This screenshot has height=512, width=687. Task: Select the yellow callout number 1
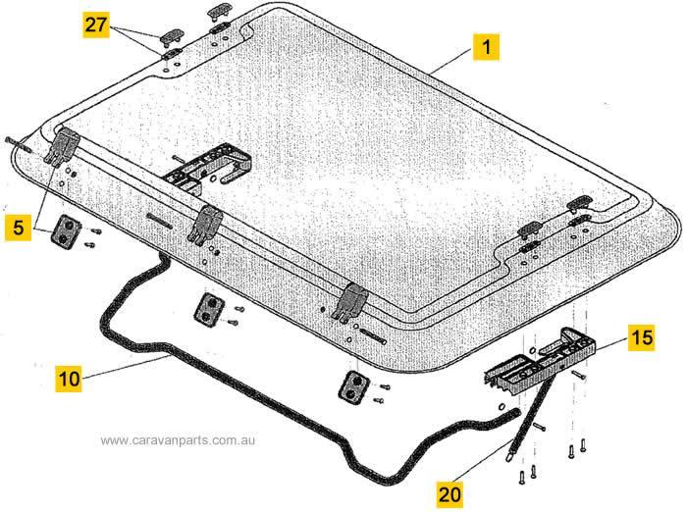(x=486, y=45)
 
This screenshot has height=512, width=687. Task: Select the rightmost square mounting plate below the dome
(x=353, y=385)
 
